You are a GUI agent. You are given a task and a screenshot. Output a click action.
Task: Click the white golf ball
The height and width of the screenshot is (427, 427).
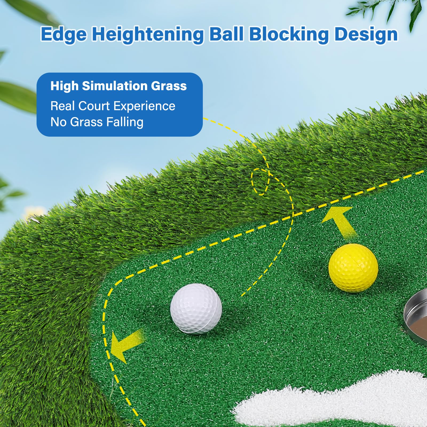(x=196, y=309)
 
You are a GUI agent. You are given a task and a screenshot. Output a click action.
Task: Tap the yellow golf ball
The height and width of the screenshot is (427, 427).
(x=353, y=268)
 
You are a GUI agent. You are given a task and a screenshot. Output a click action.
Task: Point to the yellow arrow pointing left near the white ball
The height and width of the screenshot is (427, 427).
(x=126, y=345)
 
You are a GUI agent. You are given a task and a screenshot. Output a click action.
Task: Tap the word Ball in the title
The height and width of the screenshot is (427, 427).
(x=227, y=34)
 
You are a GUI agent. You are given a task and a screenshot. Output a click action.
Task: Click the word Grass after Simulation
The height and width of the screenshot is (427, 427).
(x=169, y=86)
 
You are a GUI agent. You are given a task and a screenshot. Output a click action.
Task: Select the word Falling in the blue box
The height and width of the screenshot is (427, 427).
(x=125, y=122)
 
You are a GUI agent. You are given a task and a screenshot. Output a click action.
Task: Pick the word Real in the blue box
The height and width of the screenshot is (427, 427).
(x=63, y=106)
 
